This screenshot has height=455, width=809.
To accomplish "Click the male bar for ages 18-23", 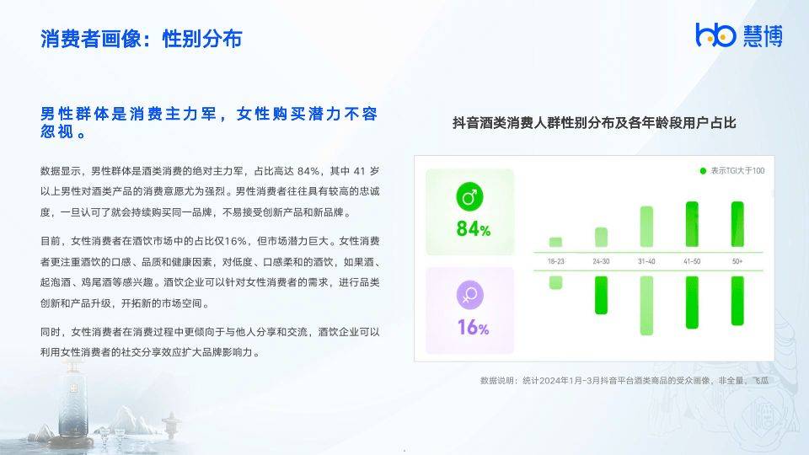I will pos(555,242).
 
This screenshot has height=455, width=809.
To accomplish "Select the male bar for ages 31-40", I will pos(646,227).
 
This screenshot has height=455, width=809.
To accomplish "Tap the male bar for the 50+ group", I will pos(737,224).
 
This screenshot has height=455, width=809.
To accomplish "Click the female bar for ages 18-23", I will pos(555,282).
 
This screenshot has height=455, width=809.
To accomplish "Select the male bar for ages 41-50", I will pos(692,224).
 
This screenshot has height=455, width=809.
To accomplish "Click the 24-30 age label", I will pos(601,262).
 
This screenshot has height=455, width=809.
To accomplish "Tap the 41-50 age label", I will pos(692,262).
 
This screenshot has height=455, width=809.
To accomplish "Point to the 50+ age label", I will pos(737,262).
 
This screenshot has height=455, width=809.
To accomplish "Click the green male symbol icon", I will pos(469,198).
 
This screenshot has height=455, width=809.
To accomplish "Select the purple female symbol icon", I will pos(469,295).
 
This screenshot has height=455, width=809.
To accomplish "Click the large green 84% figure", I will pos(473,229).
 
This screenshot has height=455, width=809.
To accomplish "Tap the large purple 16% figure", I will pos(473,327).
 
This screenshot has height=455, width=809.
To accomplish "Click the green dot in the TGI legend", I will pos(703,171).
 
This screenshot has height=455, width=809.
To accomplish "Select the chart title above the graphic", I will pos(594,123).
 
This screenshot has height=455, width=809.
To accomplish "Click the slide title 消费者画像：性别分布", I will pos(142,39).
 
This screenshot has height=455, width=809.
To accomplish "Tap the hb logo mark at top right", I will pos(715,35).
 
